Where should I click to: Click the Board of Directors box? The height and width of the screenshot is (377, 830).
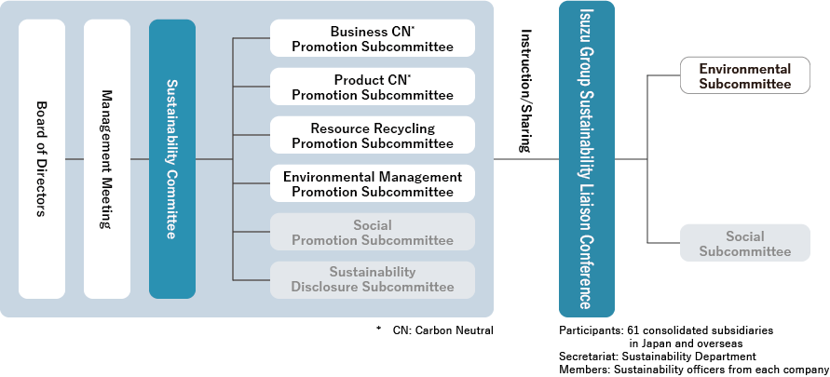(42, 159)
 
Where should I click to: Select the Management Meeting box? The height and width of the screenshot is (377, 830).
(107, 159)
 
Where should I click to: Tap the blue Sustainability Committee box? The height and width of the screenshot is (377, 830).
(172, 159)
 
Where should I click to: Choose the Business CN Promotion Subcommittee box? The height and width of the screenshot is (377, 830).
(373, 39)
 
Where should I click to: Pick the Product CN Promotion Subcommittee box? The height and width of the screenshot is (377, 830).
(373, 88)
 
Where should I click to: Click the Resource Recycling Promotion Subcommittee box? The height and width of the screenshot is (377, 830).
(373, 136)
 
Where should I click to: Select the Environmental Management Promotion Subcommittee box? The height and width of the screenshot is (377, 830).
(373, 184)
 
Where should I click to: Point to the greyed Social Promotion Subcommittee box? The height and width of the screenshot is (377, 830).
(373, 233)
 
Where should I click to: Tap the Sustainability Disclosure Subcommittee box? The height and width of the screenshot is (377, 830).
(373, 280)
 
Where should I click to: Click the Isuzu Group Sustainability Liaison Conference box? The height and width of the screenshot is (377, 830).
(586, 159)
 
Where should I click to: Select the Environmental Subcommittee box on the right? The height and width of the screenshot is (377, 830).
(745, 76)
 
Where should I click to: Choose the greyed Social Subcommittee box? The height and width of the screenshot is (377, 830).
(745, 243)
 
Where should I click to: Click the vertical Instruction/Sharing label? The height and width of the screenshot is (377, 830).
(526, 91)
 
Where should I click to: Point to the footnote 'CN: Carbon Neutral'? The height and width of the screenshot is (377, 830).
(442, 330)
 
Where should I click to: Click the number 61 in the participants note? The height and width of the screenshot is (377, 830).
(633, 330)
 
